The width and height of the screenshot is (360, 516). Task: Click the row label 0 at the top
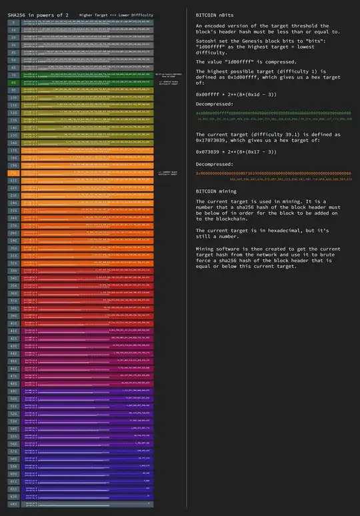[13, 23]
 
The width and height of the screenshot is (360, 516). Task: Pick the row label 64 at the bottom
[13, 505]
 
